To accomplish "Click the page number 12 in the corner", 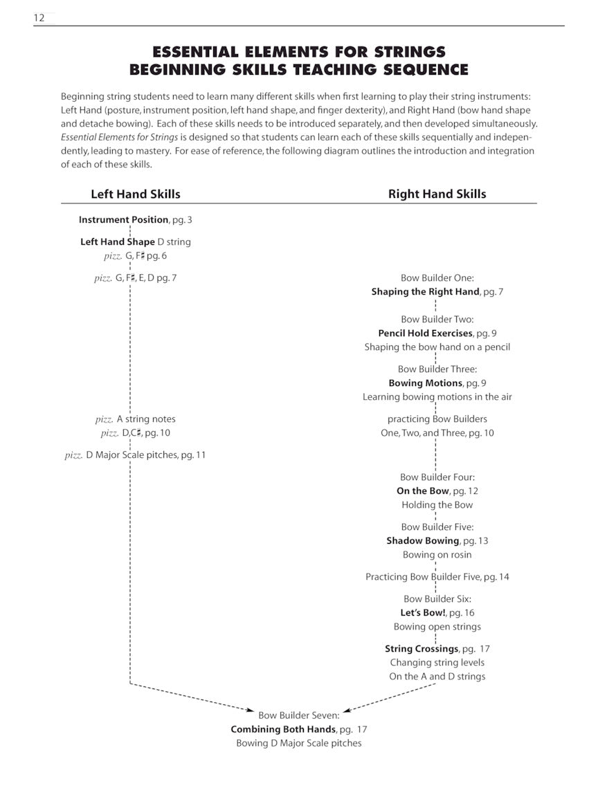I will point(39,18).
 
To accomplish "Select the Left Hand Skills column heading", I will point(136,194).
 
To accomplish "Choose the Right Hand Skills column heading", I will point(437,194).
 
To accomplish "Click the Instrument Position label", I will point(123,220).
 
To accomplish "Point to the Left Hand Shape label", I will point(118,242).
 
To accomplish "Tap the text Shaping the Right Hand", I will point(425,292).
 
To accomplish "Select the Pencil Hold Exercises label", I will point(425,333).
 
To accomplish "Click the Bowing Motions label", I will point(425,383).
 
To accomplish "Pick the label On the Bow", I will point(423,491).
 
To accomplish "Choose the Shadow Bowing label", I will point(423,541).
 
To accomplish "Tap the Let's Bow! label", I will point(422,613).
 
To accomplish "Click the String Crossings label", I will point(422,649).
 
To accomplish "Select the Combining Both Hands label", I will point(283,729).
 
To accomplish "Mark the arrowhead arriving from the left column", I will point(252,709).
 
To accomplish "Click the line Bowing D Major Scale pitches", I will point(299,743).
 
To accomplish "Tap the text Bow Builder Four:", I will point(437,477).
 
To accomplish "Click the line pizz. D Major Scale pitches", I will point(135,455).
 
